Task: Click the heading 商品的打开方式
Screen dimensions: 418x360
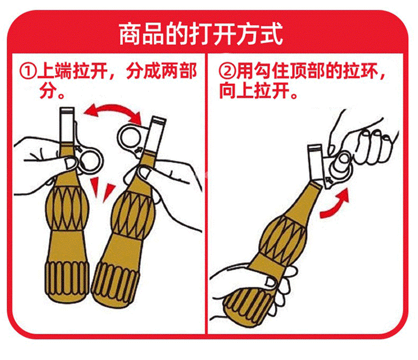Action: click(x=201, y=34)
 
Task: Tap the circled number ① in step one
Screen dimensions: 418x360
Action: click(x=27, y=71)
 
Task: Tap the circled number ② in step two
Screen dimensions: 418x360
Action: click(x=227, y=71)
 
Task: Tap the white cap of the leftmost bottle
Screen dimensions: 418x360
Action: click(x=66, y=125)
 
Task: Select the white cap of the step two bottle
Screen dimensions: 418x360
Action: click(x=316, y=163)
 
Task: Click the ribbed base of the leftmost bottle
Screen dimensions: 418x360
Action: click(x=67, y=281)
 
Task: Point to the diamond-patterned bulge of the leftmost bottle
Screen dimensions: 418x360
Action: click(x=67, y=208)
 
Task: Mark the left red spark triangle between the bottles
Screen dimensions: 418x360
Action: click(x=94, y=187)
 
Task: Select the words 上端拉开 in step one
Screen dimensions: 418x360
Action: click(x=73, y=71)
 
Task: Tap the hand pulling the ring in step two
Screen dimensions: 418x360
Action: click(x=362, y=142)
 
